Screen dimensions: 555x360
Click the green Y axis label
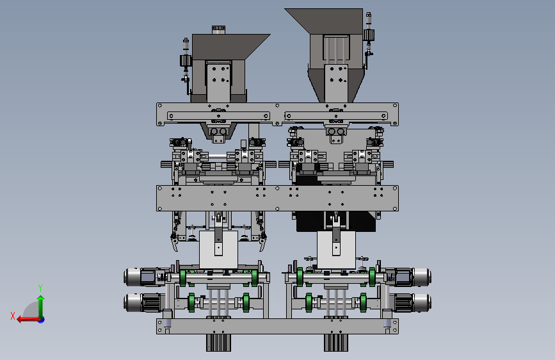click(x=40, y=288)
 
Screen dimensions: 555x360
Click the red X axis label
click(x=13, y=316)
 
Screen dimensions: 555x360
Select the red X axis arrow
click(x=29, y=320)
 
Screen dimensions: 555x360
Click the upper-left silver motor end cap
click(x=132, y=277)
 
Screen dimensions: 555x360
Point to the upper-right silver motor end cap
click(x=422, y=277)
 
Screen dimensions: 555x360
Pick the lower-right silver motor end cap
click(x=422, y=303)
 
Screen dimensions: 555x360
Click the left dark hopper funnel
click(x=230, y=46)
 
